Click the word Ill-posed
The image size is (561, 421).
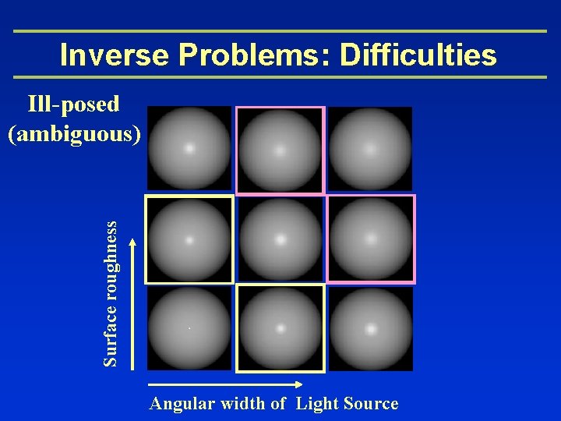tap(73, 104)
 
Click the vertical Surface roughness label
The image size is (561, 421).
tap(112, 292)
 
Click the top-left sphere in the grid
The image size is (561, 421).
tap(189, 148)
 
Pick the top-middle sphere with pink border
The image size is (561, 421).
tap(279, 149)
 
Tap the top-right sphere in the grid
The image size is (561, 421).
tap(369, 148)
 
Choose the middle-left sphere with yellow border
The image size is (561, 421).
tap(189, 239)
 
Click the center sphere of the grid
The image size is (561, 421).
tap(279, 239)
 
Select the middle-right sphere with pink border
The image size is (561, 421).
tap(370, 239)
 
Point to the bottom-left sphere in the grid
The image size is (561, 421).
tap(189, 328)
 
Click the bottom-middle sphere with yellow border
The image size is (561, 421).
tap(280, 328)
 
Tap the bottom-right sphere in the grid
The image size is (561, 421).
tap(370, 328)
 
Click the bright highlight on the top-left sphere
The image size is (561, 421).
tap(189, 147)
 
